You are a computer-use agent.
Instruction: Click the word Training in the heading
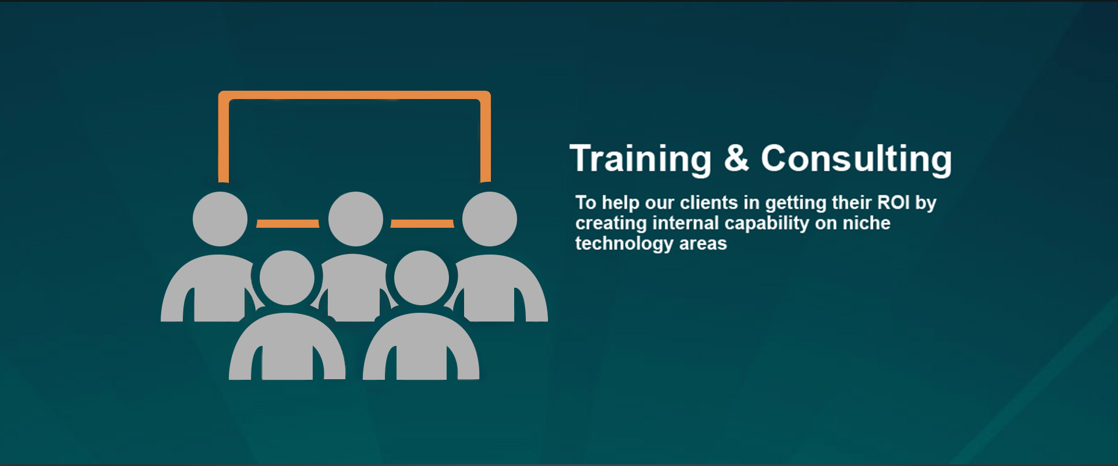click(x=641, y=159)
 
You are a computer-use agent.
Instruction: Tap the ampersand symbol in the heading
click(x=737, y=158)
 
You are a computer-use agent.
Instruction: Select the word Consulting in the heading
click(x=857, y=159)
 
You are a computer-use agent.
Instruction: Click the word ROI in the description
click(x=894, y=202)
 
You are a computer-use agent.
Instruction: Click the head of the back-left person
click(x=220, y=219)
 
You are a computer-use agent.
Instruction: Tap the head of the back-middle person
click(x=355, y=219)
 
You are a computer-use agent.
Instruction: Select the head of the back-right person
click(x=490, y=219)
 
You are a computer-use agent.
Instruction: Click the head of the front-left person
click(x=287, y=278)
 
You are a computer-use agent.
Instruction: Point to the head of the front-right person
click(x=422, y=278)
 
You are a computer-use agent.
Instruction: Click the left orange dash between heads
click(x=288, y=224)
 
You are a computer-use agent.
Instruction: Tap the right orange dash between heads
click(x=422, y=224)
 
